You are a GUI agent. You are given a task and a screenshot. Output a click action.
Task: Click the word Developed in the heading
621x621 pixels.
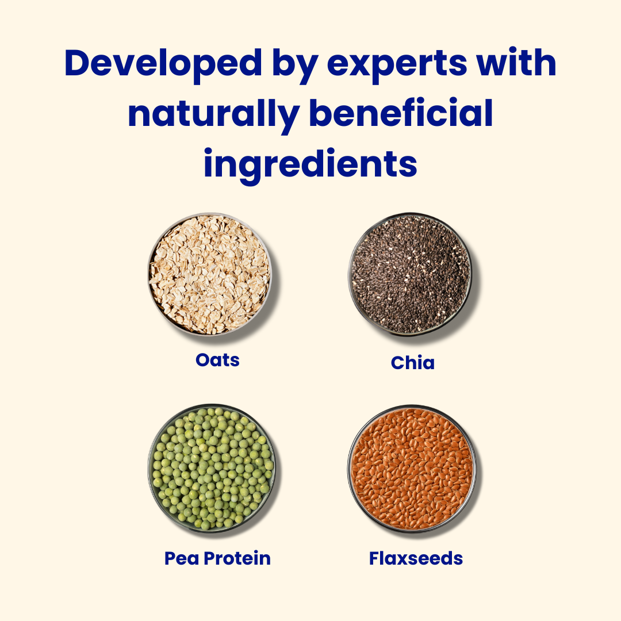[163, 63]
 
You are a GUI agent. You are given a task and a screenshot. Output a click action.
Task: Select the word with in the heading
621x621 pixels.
[517, 62]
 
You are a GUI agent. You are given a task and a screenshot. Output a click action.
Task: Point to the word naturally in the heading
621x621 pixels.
[213, 114]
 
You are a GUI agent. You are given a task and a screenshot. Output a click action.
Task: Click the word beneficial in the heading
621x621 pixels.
[401, 112]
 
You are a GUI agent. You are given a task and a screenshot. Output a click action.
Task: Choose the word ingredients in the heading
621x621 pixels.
[310, 165]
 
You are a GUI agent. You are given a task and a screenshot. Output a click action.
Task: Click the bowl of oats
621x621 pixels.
[210, 274]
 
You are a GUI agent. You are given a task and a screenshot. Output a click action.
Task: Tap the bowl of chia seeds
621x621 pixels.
[411, 275]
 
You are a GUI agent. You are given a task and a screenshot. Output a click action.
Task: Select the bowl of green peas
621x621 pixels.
[212, 469]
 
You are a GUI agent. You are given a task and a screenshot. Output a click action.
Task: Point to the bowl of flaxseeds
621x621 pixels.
[412, 469]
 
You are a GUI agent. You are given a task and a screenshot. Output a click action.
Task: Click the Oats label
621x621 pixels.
[217, 360]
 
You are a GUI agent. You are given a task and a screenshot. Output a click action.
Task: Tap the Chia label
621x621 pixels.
[413, 362]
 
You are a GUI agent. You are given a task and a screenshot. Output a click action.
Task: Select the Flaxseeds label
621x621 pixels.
[416, 558]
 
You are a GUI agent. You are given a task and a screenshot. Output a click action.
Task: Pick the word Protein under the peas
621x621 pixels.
[237, 558]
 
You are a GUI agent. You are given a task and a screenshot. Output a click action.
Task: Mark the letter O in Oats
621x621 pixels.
[203, 360]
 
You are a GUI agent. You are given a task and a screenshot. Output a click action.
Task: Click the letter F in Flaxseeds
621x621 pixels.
[375, 558]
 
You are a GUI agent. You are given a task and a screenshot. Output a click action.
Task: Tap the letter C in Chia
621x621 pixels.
[398, 363]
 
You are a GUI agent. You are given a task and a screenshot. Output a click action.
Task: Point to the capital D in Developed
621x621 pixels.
[77, 63]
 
